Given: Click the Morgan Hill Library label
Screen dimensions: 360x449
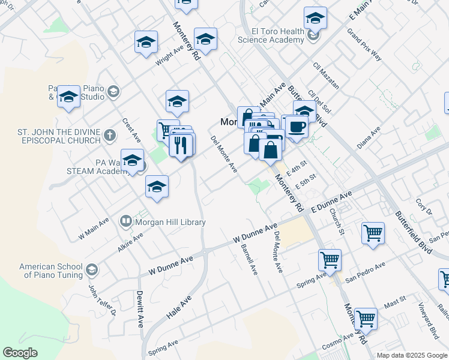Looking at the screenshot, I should pyautogui.click(x=170, y=222).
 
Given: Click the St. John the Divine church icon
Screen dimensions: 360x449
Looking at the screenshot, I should pyautogui.click(x=109, y=135).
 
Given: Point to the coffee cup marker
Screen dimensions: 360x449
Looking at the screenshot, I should pyautogui.click(x=296, y=127).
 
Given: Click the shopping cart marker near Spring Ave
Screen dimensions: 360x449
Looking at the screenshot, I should pyautogui.click(x=330, y=260).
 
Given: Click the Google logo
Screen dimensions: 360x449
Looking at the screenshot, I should pyautogui.click(x=20, y=353).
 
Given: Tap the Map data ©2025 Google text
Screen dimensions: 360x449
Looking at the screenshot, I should pyautogui.click(x=412, y=355).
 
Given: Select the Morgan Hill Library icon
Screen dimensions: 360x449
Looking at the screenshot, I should pyautogui.click(x=126, y=221).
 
